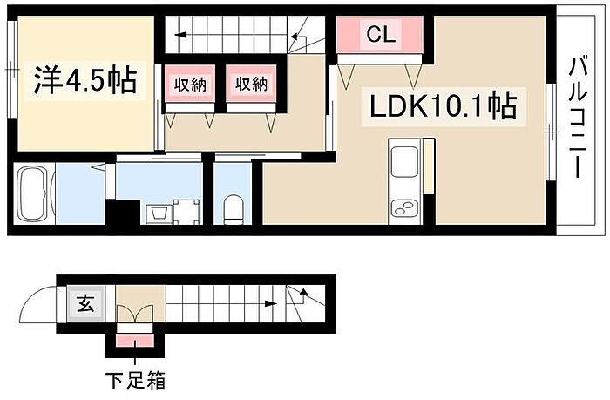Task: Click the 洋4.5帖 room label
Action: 85,81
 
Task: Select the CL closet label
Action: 381,35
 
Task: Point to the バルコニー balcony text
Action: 576,118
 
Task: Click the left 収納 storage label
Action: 189,85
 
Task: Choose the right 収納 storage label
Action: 250,85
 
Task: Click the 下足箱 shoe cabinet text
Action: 135,380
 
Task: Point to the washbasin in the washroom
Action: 158,213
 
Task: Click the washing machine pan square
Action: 186,211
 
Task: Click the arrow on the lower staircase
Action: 301,295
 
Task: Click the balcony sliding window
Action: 551,131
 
